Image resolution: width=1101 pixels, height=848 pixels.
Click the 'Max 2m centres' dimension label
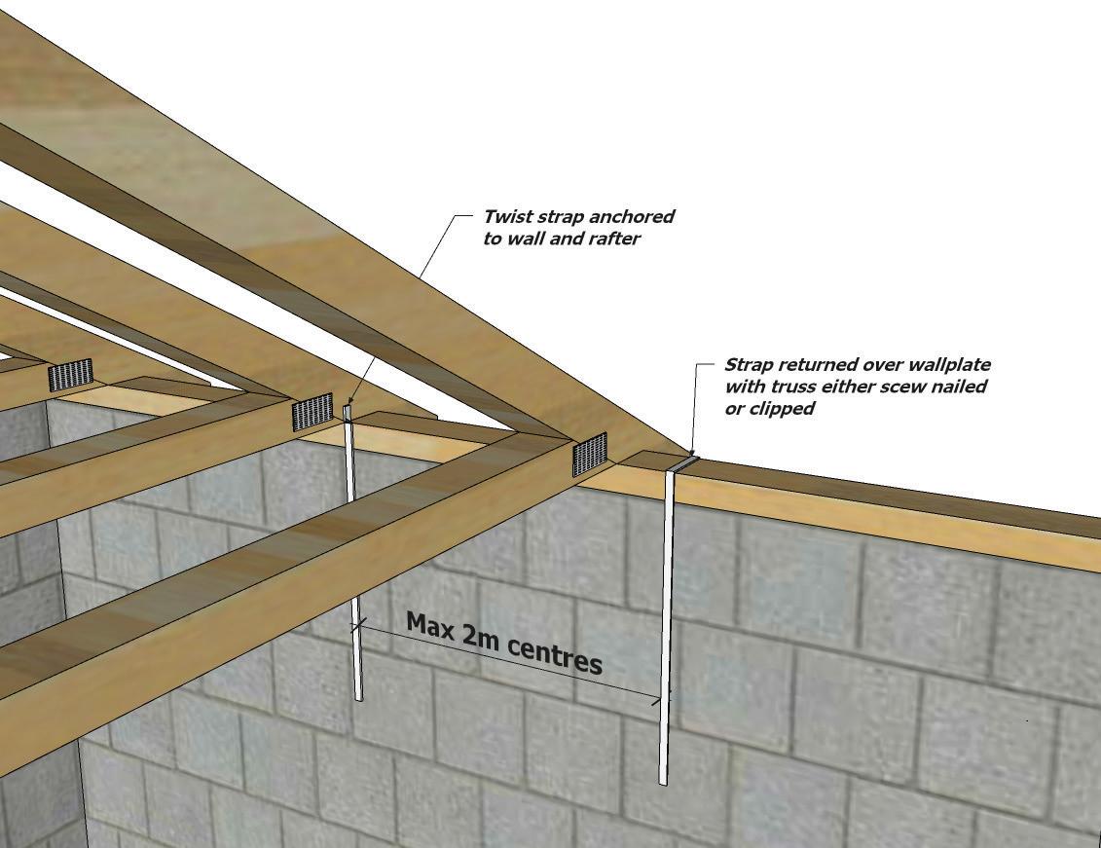click(504, 643)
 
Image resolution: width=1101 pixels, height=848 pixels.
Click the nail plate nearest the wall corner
click(590, 455)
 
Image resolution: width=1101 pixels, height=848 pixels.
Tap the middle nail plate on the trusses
click(312, 412)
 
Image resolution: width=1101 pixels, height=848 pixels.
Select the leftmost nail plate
click(70, 374)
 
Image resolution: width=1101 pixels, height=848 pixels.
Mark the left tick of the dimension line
click(359, 624)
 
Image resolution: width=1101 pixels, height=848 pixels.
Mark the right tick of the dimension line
click(660, 698)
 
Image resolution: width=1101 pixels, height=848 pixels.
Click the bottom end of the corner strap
click(662, 784)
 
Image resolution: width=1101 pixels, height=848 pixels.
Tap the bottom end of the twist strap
click(359, 699)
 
